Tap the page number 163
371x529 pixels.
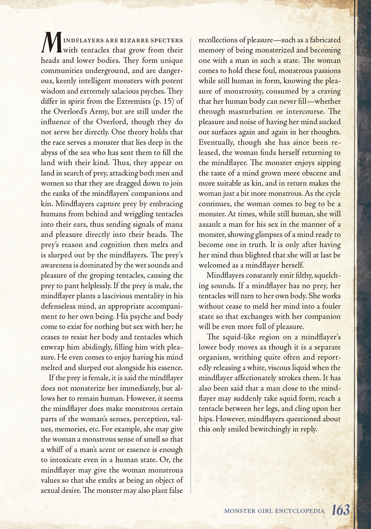341,510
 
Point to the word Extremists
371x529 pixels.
131,102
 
